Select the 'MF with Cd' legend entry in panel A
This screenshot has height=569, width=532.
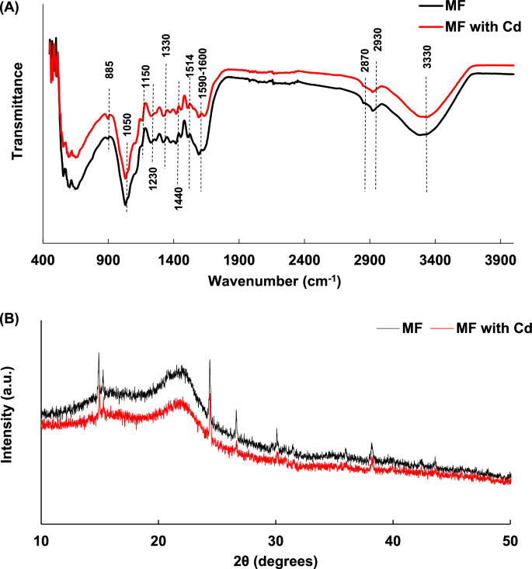coord(479,26)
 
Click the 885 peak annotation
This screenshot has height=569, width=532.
coord(109,71)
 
